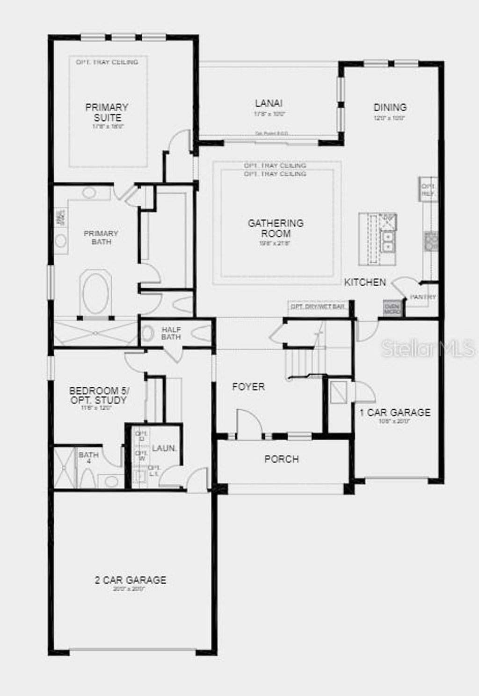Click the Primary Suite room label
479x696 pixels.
tap(107, 113)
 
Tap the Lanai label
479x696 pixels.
tap(269, 103)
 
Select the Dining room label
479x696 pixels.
tap(390, 108)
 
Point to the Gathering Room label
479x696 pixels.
tap(276, 228)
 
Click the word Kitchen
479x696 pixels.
tap(365, 282)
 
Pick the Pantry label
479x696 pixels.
tap(422, 297)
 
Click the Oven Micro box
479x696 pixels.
tap(392, 308)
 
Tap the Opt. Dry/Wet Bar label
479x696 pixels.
tap(318, 306)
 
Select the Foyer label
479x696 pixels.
tap(248, 387)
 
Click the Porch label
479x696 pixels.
tap(282, 459)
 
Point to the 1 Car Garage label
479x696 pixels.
tap(395, 413)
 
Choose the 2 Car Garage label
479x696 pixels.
tap(131, 580)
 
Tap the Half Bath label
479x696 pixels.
tap(171, 333)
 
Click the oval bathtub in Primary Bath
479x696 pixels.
tap(96, 294)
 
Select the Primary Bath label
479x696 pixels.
tap(101, 237)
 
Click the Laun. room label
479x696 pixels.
tap(164, 448)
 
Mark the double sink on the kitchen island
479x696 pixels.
tap(388, 241)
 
